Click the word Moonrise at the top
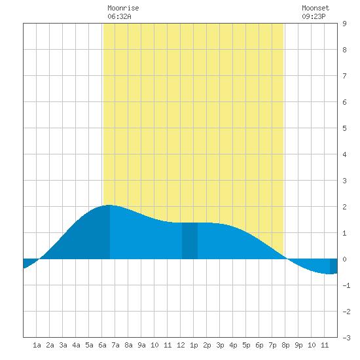coord(123,8)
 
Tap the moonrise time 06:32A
coord(119,16)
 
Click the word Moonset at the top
coord(315,8)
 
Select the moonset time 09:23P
coord(314,16)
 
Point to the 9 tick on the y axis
coord(344,24)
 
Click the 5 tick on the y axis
coord(344,128)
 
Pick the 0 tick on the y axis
coord(344,259)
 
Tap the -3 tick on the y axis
coord(346,338)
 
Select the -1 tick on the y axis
coord(346,285)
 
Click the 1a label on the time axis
coord(37,345)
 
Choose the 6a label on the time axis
coord(102,345)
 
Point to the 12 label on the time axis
coord(181,345)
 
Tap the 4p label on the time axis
coord(233,345)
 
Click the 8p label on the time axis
coord(285,345)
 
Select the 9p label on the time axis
coord(298,345)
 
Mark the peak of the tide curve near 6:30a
coord(109,205)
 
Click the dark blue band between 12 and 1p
coord(190,241)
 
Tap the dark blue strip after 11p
coord(334,266)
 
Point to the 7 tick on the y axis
coord(344,76)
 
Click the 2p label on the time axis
coord(207,345)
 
